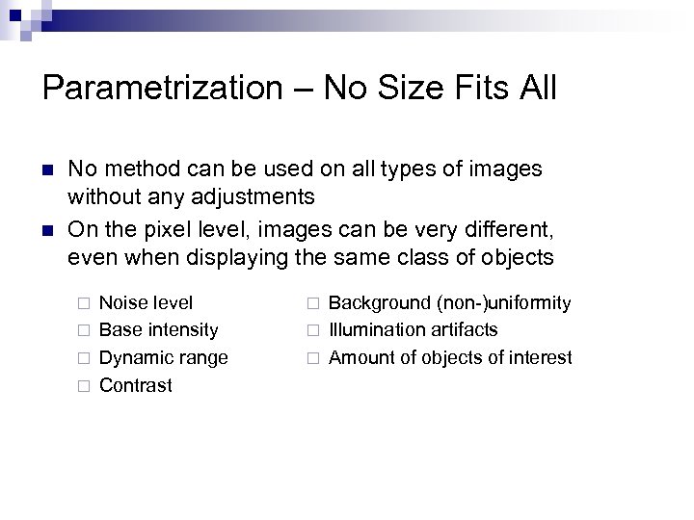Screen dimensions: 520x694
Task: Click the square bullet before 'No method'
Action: pos(48,169)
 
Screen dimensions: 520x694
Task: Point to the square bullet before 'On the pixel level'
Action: pos(48,230)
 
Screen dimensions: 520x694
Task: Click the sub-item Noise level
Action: pos(146,303)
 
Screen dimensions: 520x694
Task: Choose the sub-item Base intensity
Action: pos(158,330)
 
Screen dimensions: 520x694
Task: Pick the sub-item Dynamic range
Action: pos(163,358)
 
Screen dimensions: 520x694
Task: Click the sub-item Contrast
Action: pos(136,385)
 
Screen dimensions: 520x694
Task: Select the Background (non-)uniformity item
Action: pos(449,303)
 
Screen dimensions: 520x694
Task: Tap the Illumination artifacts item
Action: pos(413,330)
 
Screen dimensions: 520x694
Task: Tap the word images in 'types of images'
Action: pos(508,169)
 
